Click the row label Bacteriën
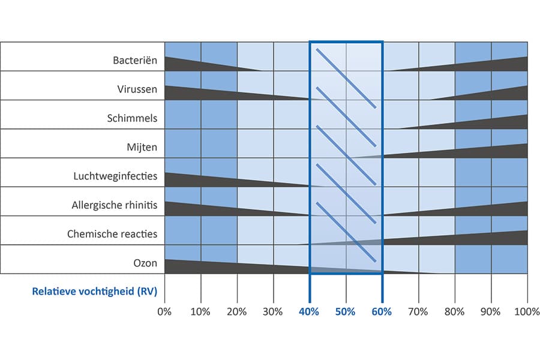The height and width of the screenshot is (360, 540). (x=135, y=61)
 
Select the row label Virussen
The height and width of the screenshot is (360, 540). (x=137, y=89)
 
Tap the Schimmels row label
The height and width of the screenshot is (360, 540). (x=133, y=118)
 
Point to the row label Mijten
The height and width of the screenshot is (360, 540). (x=143, y=147)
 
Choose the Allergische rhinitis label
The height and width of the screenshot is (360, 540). (x=115, y=205)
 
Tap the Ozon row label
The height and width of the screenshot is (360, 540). (x=145, y=262)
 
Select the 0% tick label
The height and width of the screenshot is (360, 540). (x=164, y=312)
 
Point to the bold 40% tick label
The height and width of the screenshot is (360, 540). (x=310, y=312)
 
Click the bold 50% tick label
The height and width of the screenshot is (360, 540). (x=346, y=312)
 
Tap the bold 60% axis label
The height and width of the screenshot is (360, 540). (x=382, y=312)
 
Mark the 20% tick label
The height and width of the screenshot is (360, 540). (x=237, y=312)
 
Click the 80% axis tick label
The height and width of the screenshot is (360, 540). (x=455, y=312)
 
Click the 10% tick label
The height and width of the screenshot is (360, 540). (x=200, y=312)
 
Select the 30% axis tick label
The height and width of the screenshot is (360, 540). (x=273, y=312)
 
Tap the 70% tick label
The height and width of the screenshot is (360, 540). (x=418, y=312)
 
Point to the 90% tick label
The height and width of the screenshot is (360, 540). (x=491, y=312)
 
